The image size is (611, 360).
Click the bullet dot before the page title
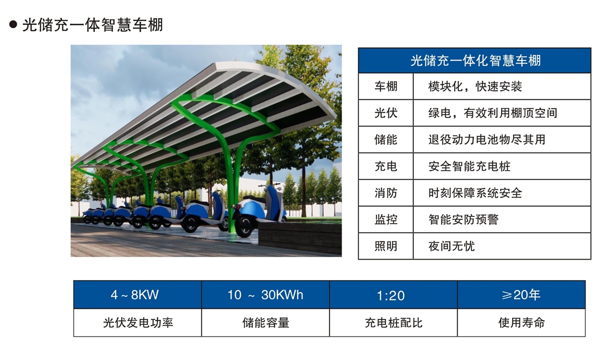(14, 24)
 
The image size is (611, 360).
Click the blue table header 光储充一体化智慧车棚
(475, 61)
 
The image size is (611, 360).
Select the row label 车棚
(385, 87)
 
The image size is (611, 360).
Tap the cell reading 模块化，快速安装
(475, 87)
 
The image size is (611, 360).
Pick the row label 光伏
(385, 113)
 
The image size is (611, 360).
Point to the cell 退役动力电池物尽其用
(487, 140)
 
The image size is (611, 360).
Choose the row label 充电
(385, 167)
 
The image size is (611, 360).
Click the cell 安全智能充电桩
(469, 167)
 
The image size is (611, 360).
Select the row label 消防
(385, 193)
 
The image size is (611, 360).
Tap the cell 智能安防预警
(463, 219)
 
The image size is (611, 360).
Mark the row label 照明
(385, 246)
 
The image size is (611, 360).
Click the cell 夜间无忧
(452, 246)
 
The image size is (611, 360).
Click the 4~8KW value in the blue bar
(137, 295)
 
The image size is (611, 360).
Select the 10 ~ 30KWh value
(265, 295)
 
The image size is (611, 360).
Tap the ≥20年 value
(521, 295)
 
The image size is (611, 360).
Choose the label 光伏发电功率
(137, 322)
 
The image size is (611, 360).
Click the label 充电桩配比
(393, 322)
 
